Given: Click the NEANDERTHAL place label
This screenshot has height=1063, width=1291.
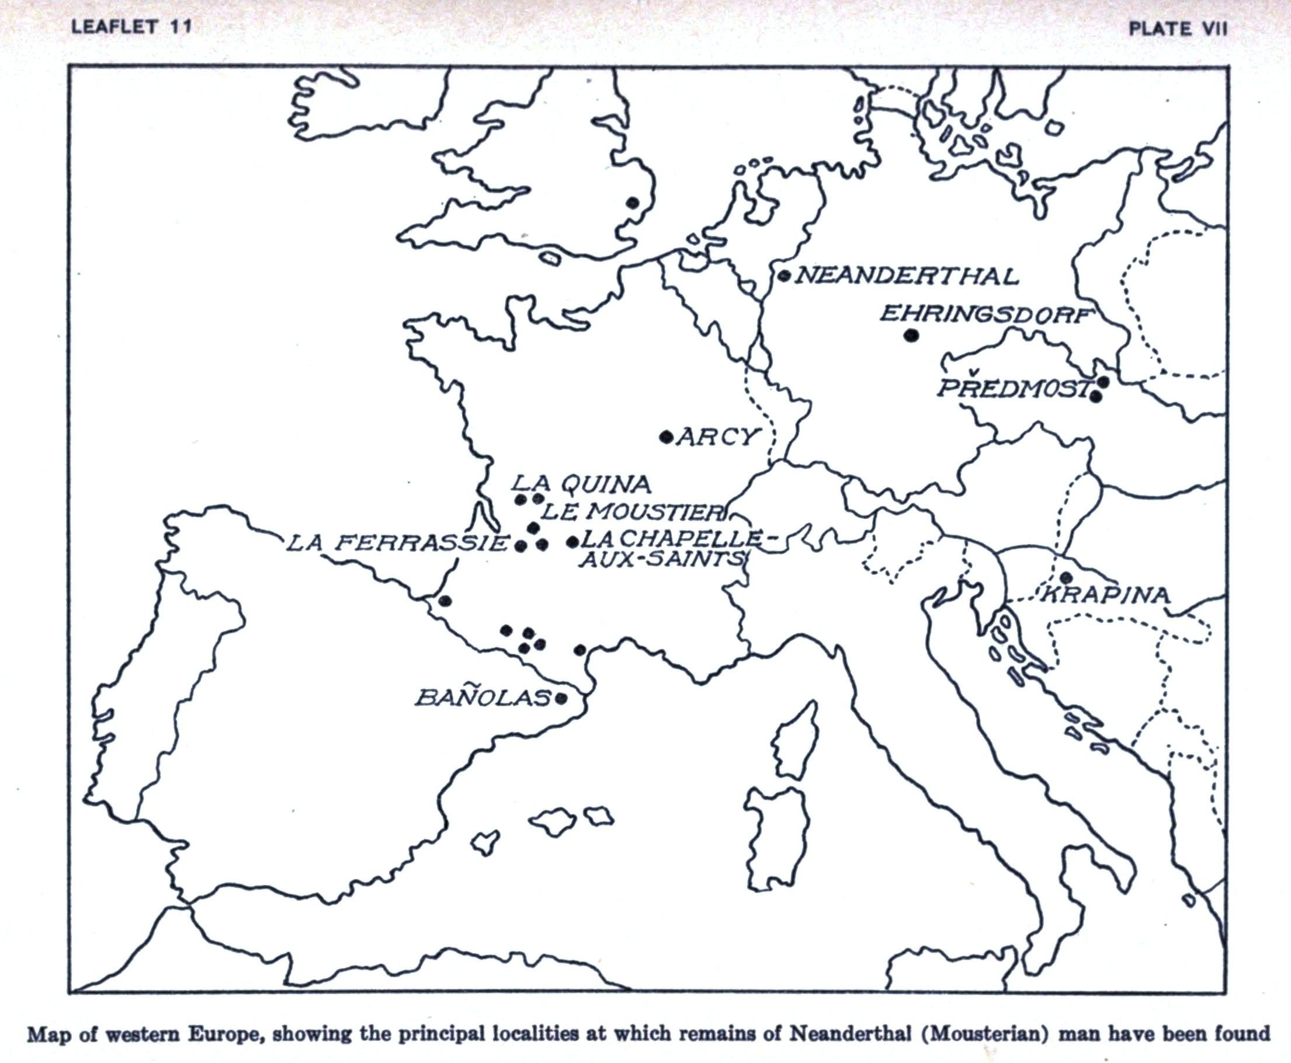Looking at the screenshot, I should (x=907, y=276).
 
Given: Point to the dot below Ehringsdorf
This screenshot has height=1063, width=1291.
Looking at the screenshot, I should (x=911, y=335).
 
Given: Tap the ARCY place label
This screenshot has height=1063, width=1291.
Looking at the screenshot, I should (x=717, y=437).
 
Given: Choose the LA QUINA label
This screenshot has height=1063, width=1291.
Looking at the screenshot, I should (x=580, y=485).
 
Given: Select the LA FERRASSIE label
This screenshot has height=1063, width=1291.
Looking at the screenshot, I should (x=398, y=542).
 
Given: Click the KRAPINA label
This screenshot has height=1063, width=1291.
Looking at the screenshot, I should (x=1103, y=595).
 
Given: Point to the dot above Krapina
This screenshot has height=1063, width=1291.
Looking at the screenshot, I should (x=1066, y=577).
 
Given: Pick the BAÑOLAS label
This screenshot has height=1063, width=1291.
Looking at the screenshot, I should (x=483, y=698).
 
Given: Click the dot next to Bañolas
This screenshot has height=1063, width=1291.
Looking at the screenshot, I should (x=561, y=698).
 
